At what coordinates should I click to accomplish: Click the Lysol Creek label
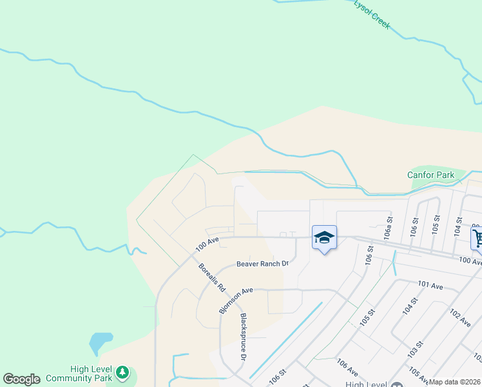pyautogui.click(x=372, y=14)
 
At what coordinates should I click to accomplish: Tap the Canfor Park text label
pyautogui.click(x=430, y=175)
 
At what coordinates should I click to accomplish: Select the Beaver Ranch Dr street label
pyautogui.click(x=262, y=263)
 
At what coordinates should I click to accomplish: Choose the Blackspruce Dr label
pyautogui.click(x=244, y=337)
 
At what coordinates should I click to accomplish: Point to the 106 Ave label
pyautogui.click(x=347, y=368)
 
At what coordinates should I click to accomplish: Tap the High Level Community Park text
pyautogui.click(x=90, y=373)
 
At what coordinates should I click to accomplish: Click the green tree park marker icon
pyautogui.click(x=122, y=372)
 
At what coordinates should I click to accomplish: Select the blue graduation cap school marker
pyautogui.click(x=324, y=238)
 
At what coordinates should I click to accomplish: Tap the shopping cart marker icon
pyautogui.click(x=477, y=238)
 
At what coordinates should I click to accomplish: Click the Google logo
pyautogui.click(x=21, y=379)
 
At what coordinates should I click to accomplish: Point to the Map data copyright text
pyautogui.click(x=455, y=382)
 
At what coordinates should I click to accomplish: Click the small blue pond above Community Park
pyautogui.click(x=101, y=341)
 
